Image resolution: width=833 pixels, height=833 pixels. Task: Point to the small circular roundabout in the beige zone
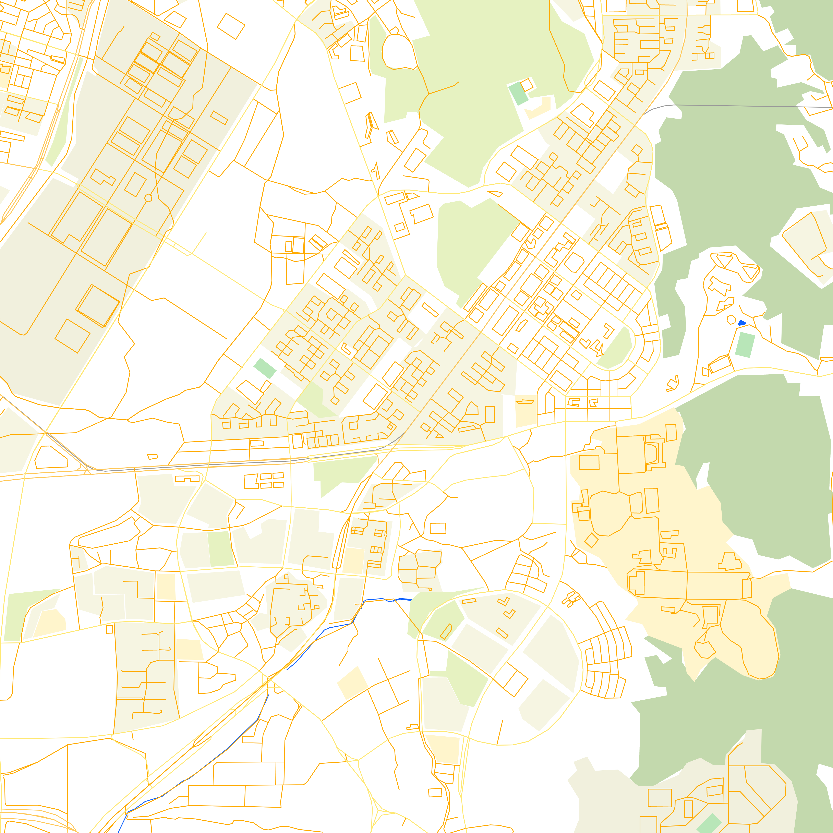point(148,198)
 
